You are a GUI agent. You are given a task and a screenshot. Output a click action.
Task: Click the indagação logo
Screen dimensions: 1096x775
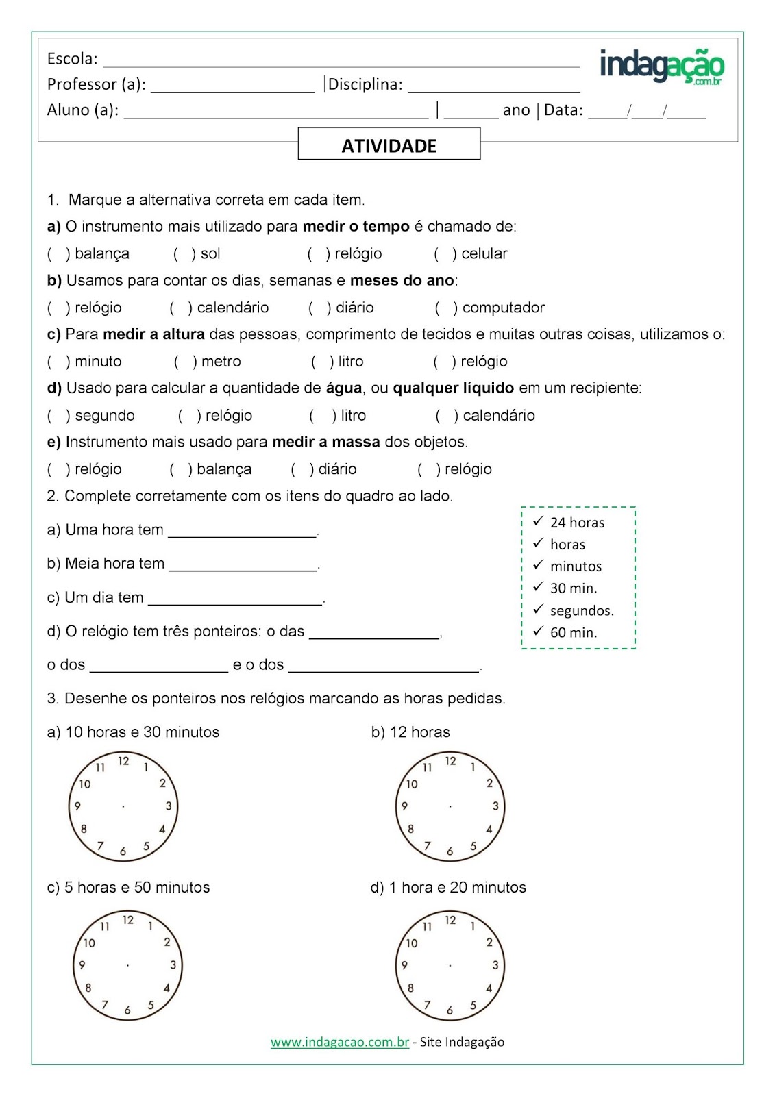[661, 66]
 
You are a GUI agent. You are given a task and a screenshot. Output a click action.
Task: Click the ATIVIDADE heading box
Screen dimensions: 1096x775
[389, 145]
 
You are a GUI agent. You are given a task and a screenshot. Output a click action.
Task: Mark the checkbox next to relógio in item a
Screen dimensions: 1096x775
[317, 254]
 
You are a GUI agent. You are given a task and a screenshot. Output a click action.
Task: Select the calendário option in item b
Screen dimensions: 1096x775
[180, 308]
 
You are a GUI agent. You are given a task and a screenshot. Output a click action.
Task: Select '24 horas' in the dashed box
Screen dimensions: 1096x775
[577, 523]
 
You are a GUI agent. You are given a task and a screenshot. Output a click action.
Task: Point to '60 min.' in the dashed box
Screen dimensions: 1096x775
[574, 632]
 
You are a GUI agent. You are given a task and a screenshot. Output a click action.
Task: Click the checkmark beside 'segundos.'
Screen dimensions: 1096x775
[538, 609]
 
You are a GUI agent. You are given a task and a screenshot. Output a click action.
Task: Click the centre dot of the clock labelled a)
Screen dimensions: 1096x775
[123, 806]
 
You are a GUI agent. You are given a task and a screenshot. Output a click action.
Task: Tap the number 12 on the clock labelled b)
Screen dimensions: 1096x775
[450, 761]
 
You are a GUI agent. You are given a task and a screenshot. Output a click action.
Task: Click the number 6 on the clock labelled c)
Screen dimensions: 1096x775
[127, 1010]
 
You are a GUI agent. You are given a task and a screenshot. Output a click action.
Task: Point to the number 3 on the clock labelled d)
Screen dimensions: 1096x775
[495, 965]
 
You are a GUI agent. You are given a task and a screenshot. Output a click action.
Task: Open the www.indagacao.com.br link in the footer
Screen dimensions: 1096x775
[339, 1042]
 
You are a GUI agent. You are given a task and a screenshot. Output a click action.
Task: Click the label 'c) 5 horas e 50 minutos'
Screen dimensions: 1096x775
[128, 888]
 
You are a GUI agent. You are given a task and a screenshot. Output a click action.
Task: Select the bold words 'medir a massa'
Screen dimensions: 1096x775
[325, 443]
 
